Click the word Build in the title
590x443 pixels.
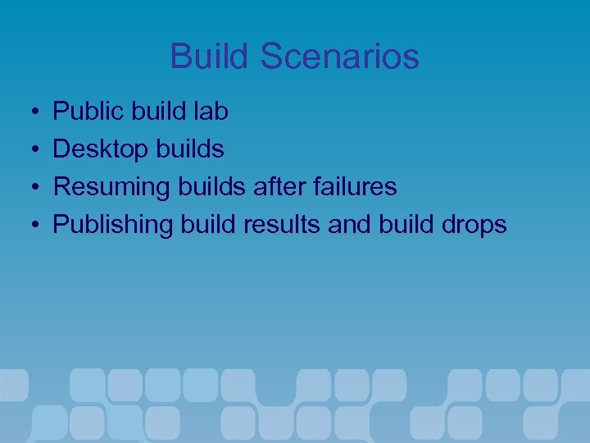coord(209,57)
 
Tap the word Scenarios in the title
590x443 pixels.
coord(340,57)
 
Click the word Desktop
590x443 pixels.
coord(98,148)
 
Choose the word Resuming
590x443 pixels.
coord(111,186)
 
